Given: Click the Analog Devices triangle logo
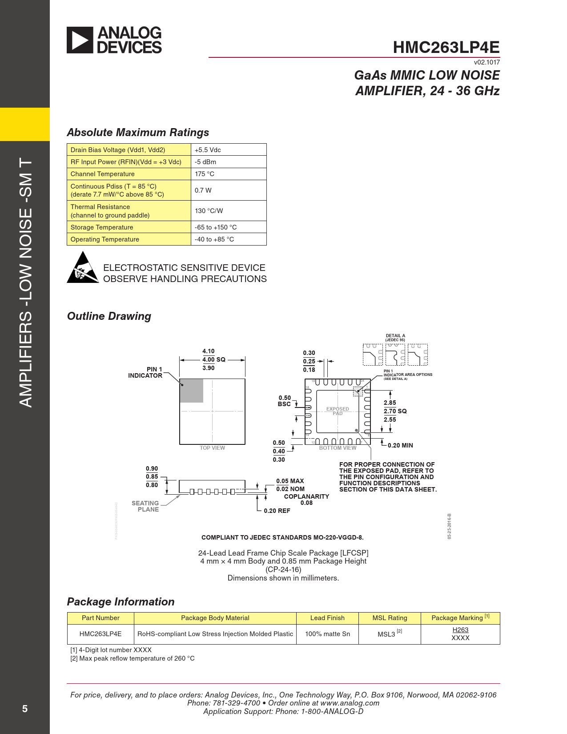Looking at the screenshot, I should point(80,40).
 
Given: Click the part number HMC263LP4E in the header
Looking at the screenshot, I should point(446,48).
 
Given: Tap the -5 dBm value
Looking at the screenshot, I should point(205,162).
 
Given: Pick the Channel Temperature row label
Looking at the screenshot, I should point(102,174).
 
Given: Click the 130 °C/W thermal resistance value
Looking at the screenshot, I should point(209,211).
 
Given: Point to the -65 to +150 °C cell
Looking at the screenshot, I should point(216,227).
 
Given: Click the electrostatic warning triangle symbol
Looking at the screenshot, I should point(82,268).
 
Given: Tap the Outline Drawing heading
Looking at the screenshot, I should point(109,316).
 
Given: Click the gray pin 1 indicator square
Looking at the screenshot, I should point(191,391).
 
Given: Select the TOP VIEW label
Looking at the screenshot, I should point(212,448).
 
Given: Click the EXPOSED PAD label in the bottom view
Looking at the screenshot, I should point(338,411).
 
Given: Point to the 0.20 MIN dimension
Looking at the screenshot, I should point(400,445).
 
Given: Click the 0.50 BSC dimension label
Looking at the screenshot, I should point(285,401).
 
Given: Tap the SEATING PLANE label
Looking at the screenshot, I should point(145,506).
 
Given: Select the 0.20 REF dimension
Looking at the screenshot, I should point(277,511).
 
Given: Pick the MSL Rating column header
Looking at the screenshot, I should point(390,618).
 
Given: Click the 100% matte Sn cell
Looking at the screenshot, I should point(327,634).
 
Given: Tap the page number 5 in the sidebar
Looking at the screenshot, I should point(25,709).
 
